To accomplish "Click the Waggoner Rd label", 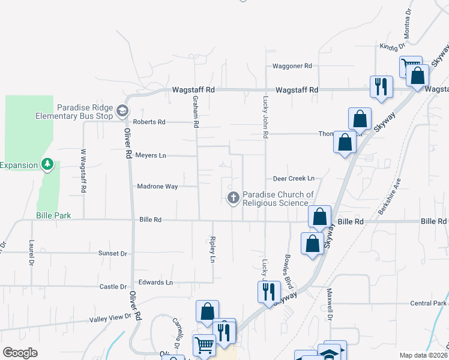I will [x=292, y=66].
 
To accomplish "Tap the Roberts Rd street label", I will [x=149, y=122].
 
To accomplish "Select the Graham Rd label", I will [x=196, y=112].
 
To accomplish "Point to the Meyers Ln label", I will [x=150, y=155].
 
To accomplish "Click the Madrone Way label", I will [x=157, y=187].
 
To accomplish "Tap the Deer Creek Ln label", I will [x=294, y=179].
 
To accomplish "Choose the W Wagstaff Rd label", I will [x=83, y=171].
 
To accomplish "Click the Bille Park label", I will [x=53, y=215].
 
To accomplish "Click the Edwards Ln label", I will [x=155, y=282].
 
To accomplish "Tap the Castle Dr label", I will [x=113, y=287].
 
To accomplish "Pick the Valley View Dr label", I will [x=110, y=319].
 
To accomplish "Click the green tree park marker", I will [x=48, y=164].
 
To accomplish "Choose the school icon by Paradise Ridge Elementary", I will [x=122, y=110].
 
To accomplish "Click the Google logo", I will [x=20, y=353].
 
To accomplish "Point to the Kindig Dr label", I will [x=393, y=46].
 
